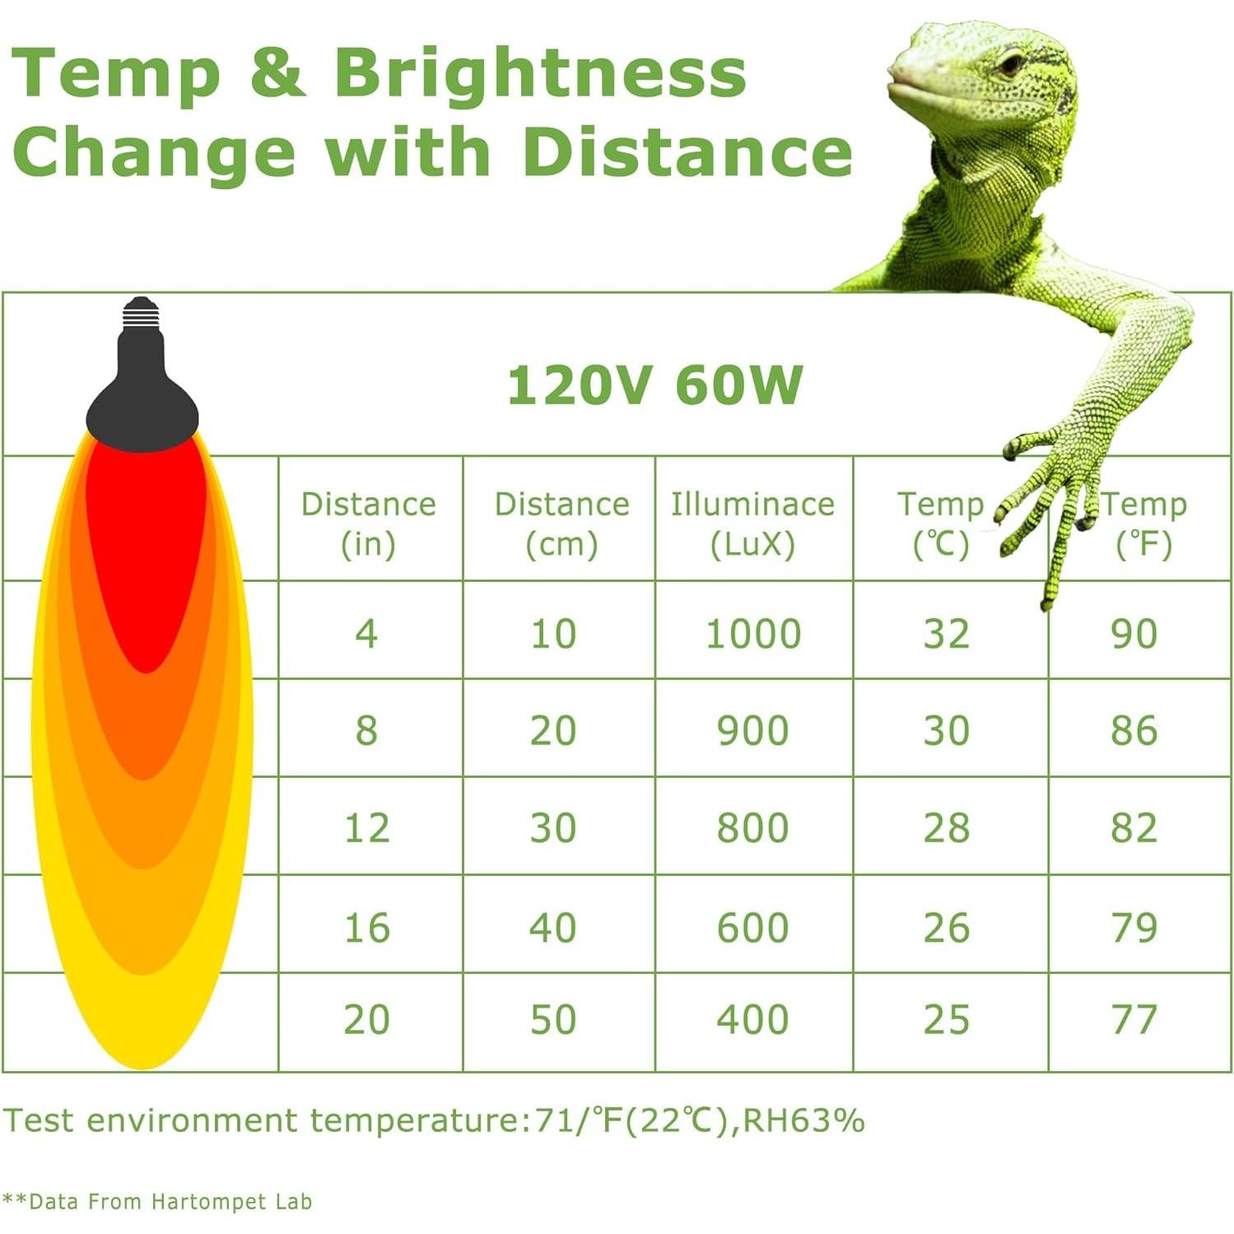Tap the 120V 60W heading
pos(654,385)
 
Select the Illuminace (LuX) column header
pos(752,524)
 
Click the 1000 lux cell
pos(753,634)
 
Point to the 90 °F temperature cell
pos(1134,634)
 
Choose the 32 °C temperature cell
pos(946,634)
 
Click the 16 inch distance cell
pos(366,928)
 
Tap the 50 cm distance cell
pos(552,1020)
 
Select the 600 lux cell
pos(752,928)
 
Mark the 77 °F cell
pos(1134,1020)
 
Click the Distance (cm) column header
pos(561,524)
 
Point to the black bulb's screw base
pos(141,312)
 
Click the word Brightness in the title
pos(539,74)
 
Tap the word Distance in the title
pos(687,152)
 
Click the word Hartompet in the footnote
pos(210,1202)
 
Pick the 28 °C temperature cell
pos(946,828)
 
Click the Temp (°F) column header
pos(1143,524)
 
